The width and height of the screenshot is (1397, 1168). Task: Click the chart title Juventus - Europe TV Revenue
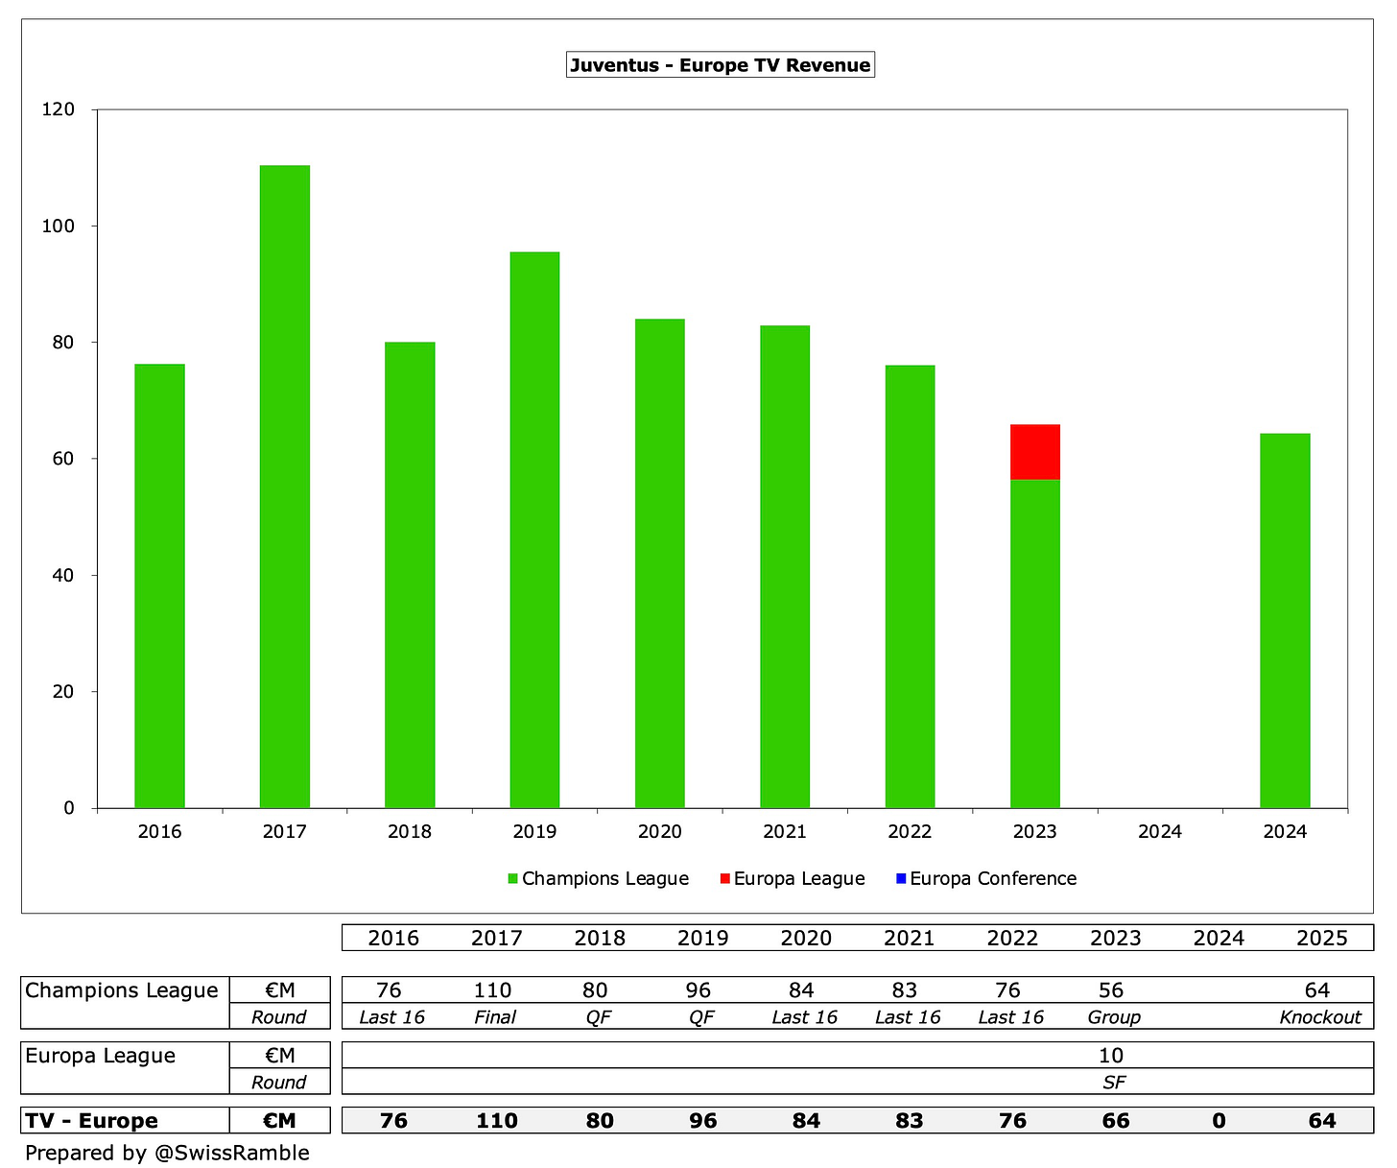[720, 65]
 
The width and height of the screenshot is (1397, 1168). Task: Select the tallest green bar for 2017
[284, 486]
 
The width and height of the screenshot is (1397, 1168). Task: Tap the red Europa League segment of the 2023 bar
[1034, 451]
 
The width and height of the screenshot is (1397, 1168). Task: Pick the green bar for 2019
[534, 529]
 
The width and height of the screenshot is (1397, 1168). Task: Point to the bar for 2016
[159, 585]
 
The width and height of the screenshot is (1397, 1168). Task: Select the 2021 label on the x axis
[785, 832]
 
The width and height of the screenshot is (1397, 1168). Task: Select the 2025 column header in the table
[1321, 938]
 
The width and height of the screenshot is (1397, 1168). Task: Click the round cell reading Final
[495, 1017]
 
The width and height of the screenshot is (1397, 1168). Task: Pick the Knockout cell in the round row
[1320, 1017]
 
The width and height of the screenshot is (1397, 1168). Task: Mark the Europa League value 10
[1110, 1056]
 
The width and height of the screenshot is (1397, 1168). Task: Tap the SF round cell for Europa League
[1113, 1083]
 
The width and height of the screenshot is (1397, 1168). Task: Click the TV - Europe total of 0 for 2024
[1219, 1121]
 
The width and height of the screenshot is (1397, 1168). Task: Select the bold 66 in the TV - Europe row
[1115, 1121]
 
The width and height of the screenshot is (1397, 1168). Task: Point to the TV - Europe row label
[92, 1121]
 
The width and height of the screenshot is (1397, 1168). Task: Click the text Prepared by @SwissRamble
[167, 1153]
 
